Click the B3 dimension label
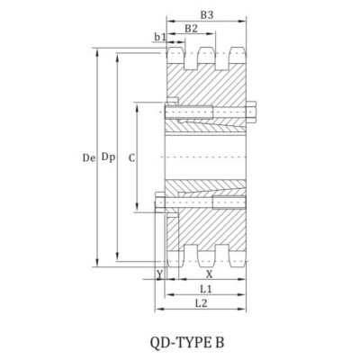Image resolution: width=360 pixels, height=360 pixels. pyautogui.click(x=206, y=15)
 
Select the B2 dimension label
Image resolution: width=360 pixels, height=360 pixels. pyautogui.click(x=191, y=29)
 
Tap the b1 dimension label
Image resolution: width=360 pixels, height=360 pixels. pyautogui.click(x=159, y=36)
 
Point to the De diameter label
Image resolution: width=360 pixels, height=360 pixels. pyautogui.click(x=87, y=157)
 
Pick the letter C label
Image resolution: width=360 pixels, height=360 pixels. pyautogui.click(x=131, y=157)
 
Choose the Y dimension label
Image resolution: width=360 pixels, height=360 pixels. pyautogui.click(x=159, y=274)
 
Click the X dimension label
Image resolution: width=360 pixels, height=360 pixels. pyautogui.click(x=209, y=274)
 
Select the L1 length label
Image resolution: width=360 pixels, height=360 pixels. pyautogui.click(x=205, y=289)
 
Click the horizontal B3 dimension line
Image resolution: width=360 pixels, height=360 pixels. pyautogui.click(x=206, y=22)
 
